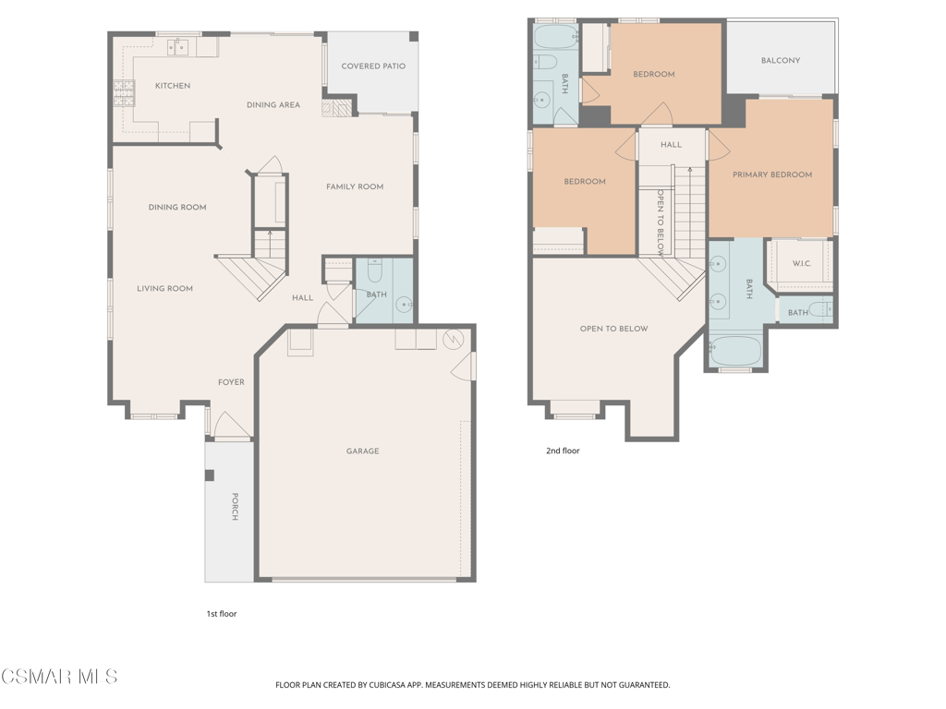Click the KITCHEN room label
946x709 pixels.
pyautogui.click(x=173, y=86)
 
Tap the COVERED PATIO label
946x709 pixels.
pyautogui.click(x=373, y=66)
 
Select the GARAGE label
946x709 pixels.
pyautogui.click(x=362, y=451)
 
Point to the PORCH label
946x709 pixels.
pyautogui.click(x=235, y=507)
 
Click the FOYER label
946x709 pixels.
pyautogui.click(x=231, y=382)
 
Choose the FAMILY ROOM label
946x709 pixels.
pyautogui.click(x=355, y=187)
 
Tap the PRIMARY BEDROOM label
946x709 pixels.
pyautogui.click(x=772, y=174)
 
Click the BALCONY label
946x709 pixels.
pyautogui.click(x=781, y=61)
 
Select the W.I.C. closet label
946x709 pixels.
pyautogui.click(x=802, y=264)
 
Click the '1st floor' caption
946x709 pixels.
pyautogui.click(x=222, y=613)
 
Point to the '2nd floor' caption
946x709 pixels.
pyautogui.click(x=563, y=451)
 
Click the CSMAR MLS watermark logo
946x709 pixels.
pyautogui.click(x=59, y=678)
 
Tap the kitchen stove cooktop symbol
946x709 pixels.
pyautogui.click(x=124, y=93)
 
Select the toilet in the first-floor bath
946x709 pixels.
pyautogui.click(x=375, y=272)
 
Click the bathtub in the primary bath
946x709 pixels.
pyautogui.click(x=736, y=352)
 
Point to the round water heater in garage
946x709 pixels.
pyautogui.click(x=455, y=338)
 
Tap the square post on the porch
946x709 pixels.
pyautogui.click(x=210, y=475)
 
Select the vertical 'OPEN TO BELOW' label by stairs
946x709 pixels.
pyautogui.click(x=661, y=222)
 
